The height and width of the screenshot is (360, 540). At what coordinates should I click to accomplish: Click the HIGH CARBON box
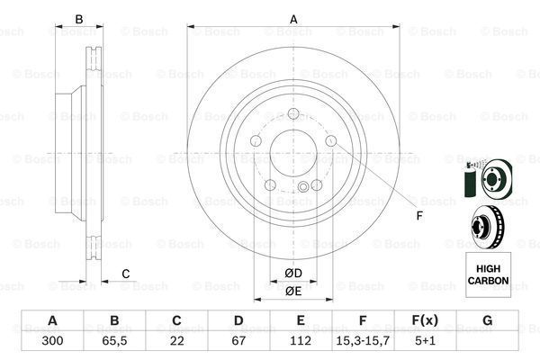[487, 274]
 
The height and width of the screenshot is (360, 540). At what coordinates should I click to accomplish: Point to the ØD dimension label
[292, 273]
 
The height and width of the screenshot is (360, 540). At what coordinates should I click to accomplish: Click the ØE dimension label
[292, 291]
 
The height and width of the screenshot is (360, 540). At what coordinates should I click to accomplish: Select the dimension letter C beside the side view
[126, 274]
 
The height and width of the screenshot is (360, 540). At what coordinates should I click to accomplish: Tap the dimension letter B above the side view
[79, 20]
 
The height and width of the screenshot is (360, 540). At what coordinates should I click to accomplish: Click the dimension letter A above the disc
[292, 20]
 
